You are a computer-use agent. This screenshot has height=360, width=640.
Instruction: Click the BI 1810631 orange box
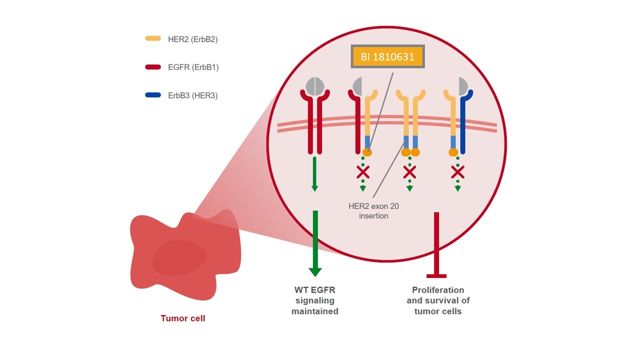387,56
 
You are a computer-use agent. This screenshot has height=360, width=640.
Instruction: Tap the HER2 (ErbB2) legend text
193,39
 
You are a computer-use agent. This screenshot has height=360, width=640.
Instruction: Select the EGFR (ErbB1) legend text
193,67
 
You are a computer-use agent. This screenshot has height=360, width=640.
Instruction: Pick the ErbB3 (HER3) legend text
193,95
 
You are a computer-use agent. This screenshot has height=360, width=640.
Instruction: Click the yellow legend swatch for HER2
153,38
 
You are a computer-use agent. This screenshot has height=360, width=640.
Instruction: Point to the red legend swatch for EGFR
153,67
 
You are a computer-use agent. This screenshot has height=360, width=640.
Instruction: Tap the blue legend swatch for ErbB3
153,95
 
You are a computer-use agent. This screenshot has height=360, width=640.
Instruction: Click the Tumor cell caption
183,318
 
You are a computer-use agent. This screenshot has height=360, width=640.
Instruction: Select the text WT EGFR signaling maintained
315,300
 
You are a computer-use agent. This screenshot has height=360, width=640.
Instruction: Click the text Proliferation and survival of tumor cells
438,300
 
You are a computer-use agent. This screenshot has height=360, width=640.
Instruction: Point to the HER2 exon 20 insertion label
373,211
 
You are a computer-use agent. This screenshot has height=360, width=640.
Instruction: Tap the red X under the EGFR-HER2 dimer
363,172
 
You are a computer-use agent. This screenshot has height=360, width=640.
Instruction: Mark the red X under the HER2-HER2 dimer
409,172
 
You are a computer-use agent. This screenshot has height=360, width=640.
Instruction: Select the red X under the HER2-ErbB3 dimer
457,172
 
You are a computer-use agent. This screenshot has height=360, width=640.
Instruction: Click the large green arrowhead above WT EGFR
315,272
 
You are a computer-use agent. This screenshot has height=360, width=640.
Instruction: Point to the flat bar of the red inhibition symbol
436,276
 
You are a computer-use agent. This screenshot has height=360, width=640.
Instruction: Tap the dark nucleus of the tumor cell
179,257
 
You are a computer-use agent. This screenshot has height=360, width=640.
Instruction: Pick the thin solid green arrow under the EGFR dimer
314,174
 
